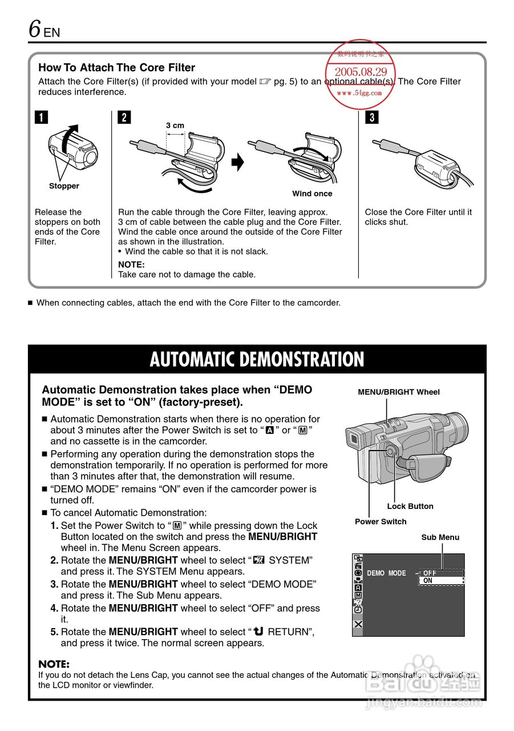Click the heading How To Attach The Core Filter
point(116,67)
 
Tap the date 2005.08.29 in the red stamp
point(361,72)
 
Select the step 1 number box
point(41,118)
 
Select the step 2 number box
point(124,118)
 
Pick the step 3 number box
point(371,118)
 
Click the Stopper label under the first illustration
point(64,186)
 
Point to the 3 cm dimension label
point(175,126)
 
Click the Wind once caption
point(312,194)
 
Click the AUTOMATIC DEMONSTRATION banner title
point(257,360)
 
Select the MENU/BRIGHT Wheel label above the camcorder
point(399,392)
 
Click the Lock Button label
point(410,507)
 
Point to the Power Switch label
point(381,521)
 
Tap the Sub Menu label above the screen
point(440,537)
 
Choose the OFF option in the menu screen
point(430,573)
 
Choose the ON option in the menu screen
point(428,581)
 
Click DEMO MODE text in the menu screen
point(386,573)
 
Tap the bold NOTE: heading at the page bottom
point(54,665)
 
